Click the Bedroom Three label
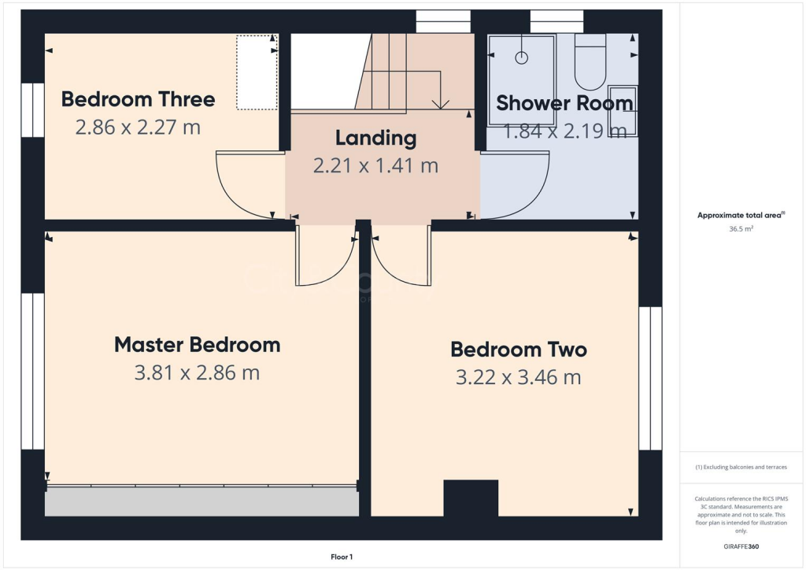pos(138,99)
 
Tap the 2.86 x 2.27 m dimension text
pos(138,127)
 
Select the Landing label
pos(375,139)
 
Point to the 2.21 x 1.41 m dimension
pos(375,166)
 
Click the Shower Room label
pos(564,103)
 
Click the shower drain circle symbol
pos(521,57)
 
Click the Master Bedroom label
pos(197,345)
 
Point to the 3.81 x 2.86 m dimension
pos(197,373)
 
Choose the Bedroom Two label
pos(518,350)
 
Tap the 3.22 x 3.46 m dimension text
pos(518,378)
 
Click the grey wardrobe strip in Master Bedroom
pos(201,502)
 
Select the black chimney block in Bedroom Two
pos(471,498)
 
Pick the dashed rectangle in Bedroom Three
pos(257,72)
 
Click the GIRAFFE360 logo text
pos(741,546)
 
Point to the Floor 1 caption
pos(342,557)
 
